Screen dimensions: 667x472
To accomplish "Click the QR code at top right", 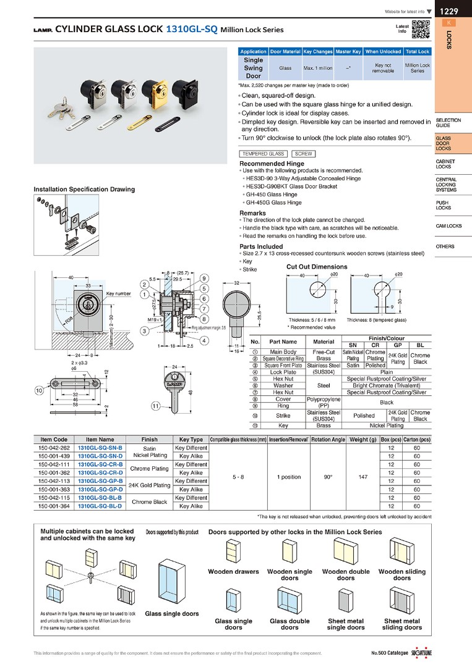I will [x=420, y=29].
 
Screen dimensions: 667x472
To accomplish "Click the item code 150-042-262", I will [x=54, y=448].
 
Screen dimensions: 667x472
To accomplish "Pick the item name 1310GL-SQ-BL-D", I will [x=100, y=506].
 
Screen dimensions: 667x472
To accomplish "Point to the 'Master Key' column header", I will [x=348, y=52].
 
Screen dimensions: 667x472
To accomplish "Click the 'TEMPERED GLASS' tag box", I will [x=264, y=154].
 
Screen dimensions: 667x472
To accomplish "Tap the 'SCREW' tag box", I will [x=303, y=154].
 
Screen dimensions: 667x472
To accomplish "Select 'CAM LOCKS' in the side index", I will [x=448, y=226].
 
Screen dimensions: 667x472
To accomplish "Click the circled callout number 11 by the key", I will [x=155, y=406].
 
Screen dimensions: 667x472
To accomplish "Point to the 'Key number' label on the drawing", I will [x=118, y=293].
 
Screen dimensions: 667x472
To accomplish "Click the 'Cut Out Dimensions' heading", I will [x=317, y=267].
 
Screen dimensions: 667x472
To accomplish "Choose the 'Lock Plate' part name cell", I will [x=283, y=372].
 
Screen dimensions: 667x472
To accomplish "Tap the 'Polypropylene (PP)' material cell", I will [x=324, y=402].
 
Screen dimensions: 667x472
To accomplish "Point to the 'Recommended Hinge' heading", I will [x=272, y=164].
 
